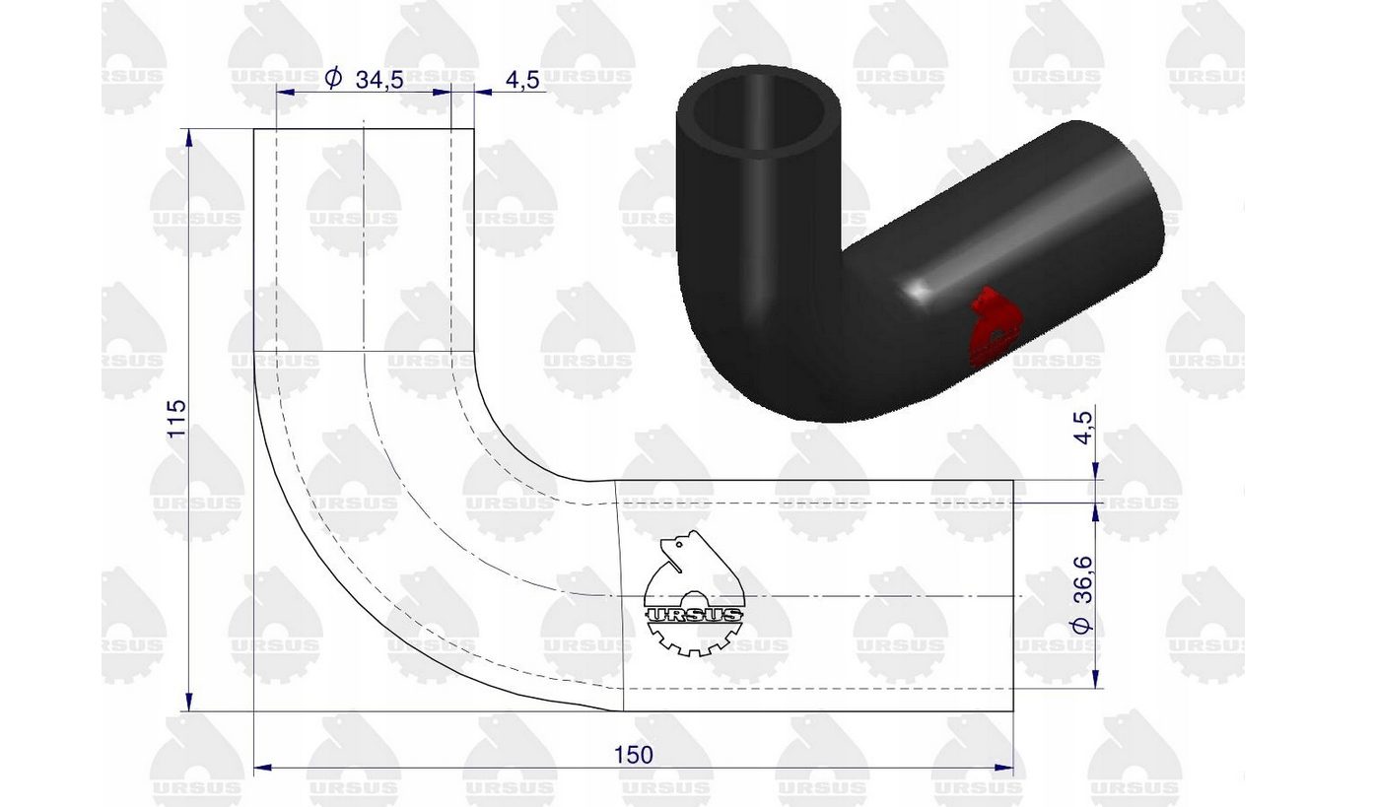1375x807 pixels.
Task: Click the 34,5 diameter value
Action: tap(379, 80)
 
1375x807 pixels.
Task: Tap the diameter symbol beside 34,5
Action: tap(333, 79)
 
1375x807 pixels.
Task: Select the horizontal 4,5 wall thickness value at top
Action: tap(522, 80)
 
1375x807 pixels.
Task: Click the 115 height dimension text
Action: tap(176, 419)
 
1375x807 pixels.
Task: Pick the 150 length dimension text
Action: tap(634, 755)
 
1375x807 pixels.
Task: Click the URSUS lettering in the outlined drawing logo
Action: tap(694, 615)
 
